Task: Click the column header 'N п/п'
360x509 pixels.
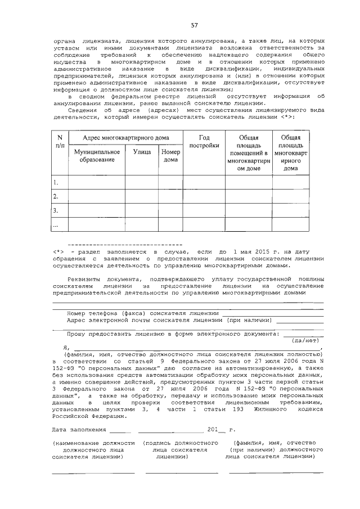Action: click(60, 141)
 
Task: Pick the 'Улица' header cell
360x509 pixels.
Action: click(141, 152)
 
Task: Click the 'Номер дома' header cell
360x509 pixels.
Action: click(170, 156)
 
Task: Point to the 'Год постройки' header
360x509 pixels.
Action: click(204, 141)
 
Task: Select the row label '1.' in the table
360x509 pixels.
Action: click(56, 182)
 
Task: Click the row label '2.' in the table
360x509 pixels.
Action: click(56, 196)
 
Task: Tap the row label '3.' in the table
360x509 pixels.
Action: click(56, 210)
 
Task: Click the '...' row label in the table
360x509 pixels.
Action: click(56, 224)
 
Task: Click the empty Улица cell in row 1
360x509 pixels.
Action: click(141, 182)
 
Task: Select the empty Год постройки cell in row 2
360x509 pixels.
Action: click(204, 196)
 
